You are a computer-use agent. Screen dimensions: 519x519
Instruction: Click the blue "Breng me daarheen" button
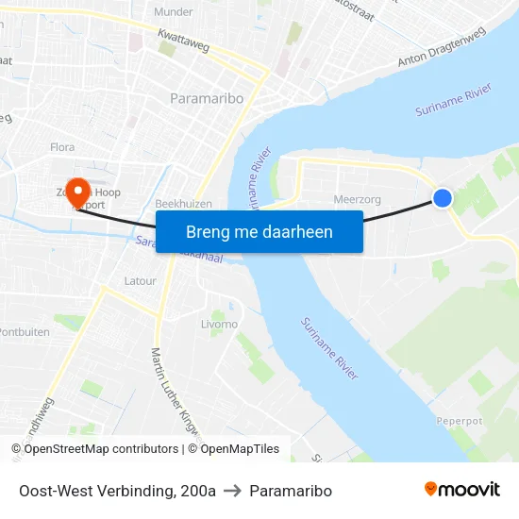[x=259, y=231]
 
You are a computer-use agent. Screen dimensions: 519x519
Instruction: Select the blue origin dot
[x=443, y=197]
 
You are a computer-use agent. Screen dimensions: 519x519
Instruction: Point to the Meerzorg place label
[x=356, y=199]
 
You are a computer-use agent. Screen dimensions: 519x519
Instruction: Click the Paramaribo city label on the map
[x=207, y=98]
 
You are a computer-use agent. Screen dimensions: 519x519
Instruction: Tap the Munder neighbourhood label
[x=174, y=12]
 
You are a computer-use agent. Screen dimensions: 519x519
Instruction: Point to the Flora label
[x=62, y=147]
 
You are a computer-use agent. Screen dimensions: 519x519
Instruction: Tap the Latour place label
[x=140, y=281]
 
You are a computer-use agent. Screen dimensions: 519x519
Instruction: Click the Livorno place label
[x=220, y=325]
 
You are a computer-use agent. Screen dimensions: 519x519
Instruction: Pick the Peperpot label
[x=459, y=421]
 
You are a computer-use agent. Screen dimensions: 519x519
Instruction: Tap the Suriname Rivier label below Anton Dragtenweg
[x=455, y=102]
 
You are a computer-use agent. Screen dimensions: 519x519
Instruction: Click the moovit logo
[x=462, y=490]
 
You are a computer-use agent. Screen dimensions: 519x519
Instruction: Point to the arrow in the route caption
[x=233, y=491]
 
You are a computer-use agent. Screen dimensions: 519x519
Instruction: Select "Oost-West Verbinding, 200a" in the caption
[x=117, y=491]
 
